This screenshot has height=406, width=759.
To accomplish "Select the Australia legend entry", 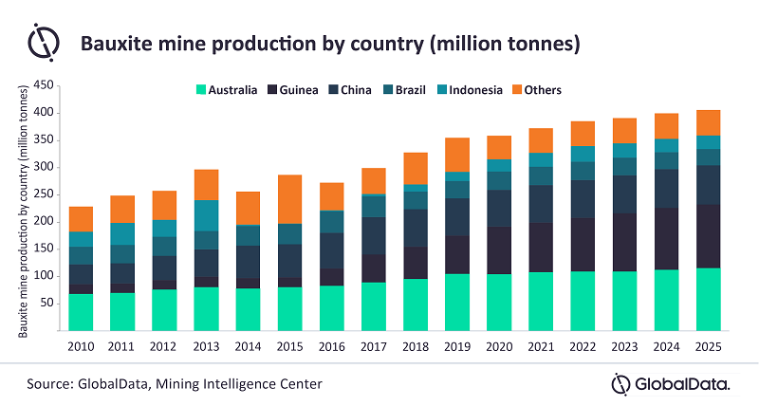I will pyautogui.click(x=227, y=90).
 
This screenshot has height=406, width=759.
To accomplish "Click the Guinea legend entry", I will pyautogui.click(x=299, y=90).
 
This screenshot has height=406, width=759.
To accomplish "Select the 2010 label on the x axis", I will pyautogui.click(x=81, y=346).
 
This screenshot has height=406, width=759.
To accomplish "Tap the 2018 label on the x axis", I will pyautogui.click(x=415, y=346).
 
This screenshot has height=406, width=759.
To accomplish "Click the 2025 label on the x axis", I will pyautogui.click(x=707, y=346).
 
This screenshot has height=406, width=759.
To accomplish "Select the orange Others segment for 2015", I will pyautogui.click(x=289, y=199).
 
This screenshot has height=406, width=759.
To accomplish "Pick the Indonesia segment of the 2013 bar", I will pyautogui.click(x=206, y=215).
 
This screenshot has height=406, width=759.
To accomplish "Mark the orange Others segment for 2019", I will pyautogui.click(x=456, y=155).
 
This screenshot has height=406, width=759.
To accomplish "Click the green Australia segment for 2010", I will pyautogui.click(x=81, y=312).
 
